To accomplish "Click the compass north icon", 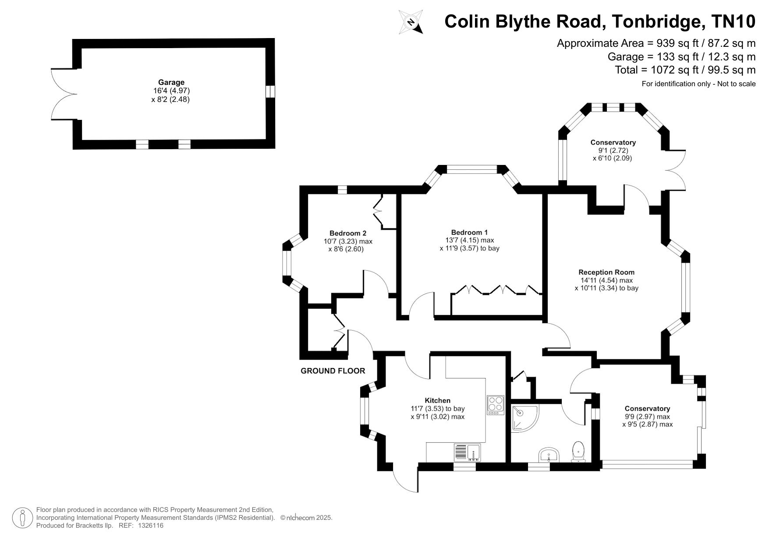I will click(x=411, y=22).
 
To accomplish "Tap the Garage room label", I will click(x=171, y=82).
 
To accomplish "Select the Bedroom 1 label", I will click(x=469, y=232).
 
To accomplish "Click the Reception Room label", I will click(x=606, y=272).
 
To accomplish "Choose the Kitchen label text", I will click(x=437, y=400).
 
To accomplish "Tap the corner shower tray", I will click(x=523, y=417).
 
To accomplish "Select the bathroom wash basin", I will click(x=549, y=455).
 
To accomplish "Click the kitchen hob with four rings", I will click(x=496, y=405).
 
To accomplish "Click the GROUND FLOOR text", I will click(x=333, y=371).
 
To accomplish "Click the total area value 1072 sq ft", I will click(x=685, y=70).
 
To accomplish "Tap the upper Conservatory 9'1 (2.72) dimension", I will click(x=613, y=151).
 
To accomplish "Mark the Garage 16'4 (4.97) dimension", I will click(x=170, y=91).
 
